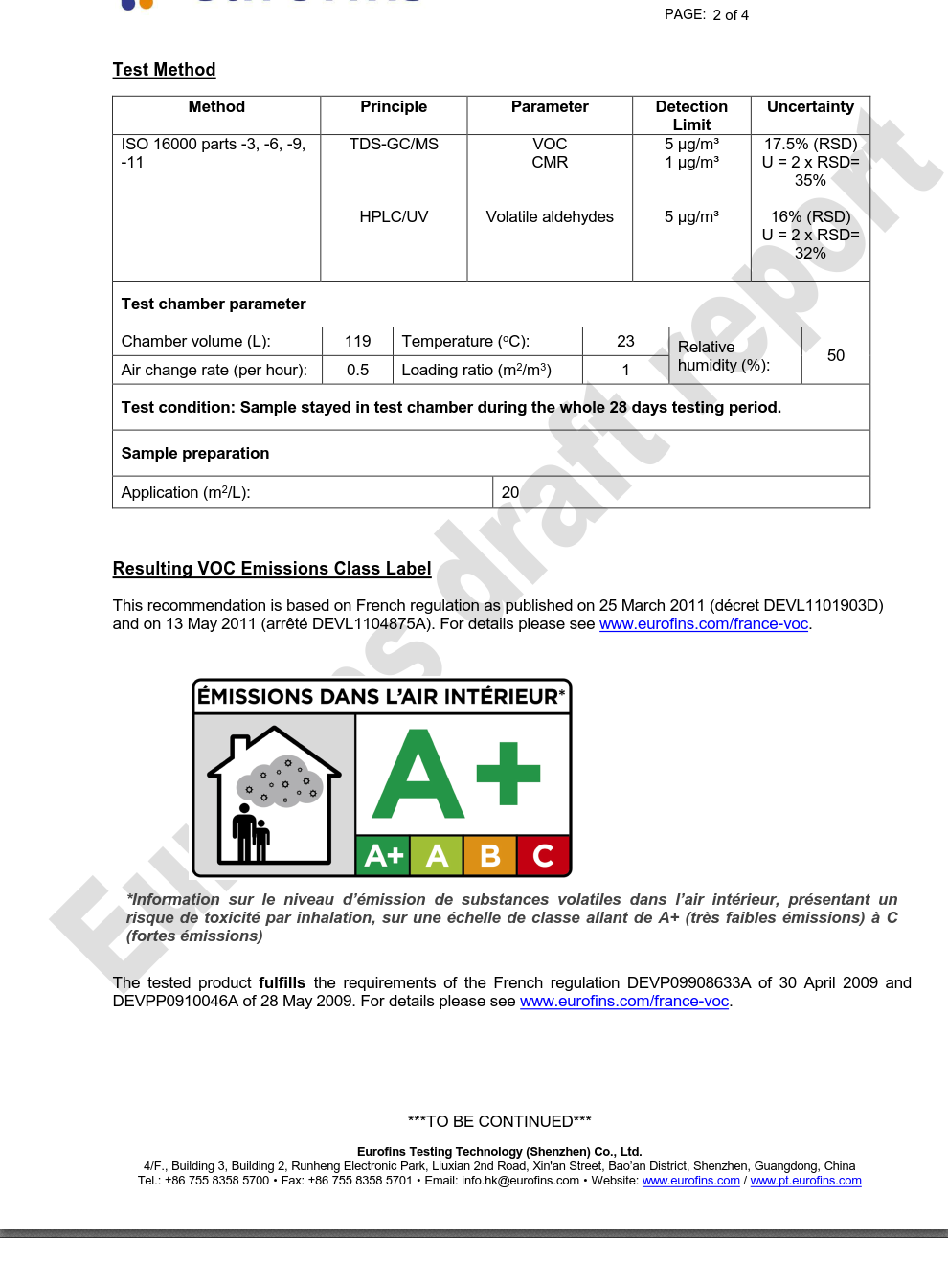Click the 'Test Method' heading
point(164,70)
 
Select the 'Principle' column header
point(394,107)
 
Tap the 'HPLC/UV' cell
point(394,217)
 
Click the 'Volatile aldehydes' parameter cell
point(550,217)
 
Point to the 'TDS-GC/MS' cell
point(394,145)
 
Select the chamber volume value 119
point(358,342)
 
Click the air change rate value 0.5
point(358,371)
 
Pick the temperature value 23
point(625,342)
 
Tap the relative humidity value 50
point(835,356)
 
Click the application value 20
point(510,493)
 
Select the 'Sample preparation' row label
point(195,454)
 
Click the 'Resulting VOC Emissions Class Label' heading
point(272,569)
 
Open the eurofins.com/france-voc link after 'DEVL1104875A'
point(704,624)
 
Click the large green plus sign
point(508,774)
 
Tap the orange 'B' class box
point(490,855)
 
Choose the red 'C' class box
point(543,855)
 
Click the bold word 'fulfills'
point(282,983)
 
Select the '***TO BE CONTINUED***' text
point(499,1121)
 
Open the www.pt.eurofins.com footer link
point(805,1181)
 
